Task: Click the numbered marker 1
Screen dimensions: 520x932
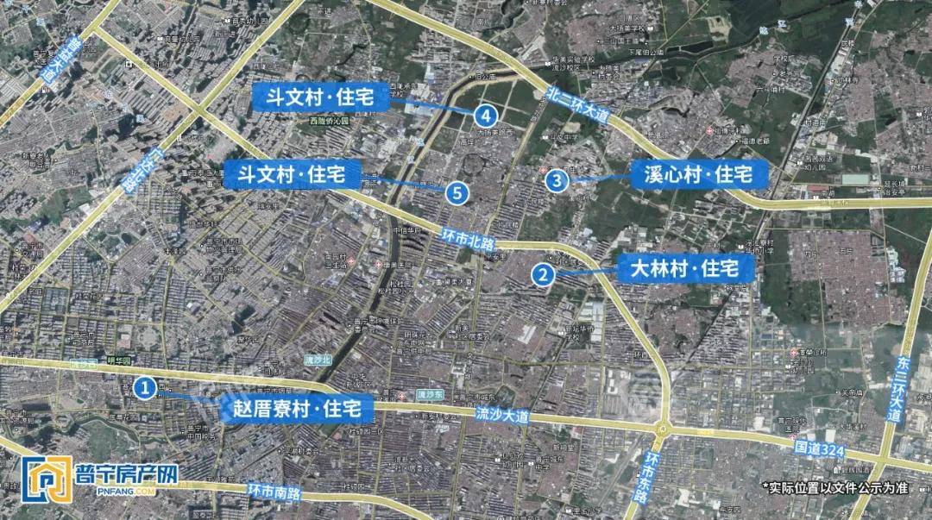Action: point(146,388)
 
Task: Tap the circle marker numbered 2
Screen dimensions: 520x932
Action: point(543,274)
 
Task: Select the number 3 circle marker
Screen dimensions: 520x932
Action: point(557,180)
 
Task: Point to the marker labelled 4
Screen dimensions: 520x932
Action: point(487,114)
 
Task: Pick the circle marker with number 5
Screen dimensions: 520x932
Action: point(457,192)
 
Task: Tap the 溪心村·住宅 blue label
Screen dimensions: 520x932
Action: point(699,174)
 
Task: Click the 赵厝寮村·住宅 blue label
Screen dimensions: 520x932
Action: point(298,408)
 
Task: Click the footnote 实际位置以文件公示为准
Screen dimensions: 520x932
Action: point(837,487)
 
